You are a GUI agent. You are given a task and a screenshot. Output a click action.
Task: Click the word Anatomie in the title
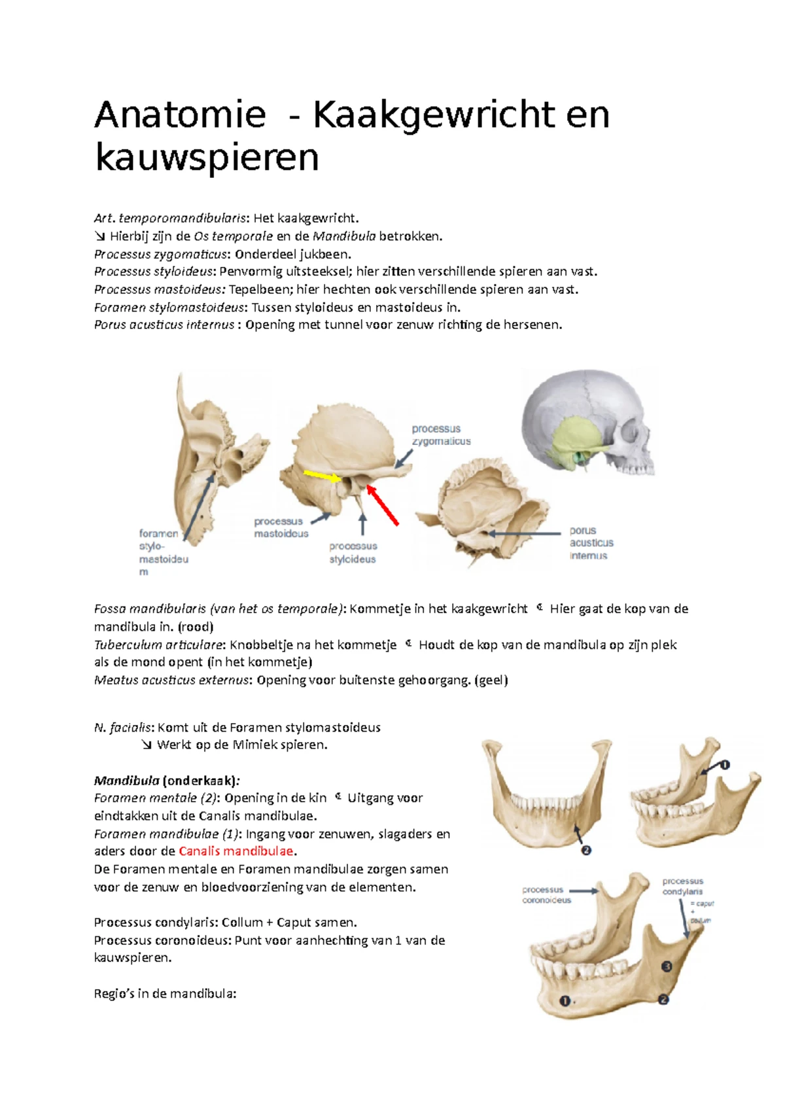[180, 115]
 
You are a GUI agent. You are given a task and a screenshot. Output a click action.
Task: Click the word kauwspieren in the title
[207, 158]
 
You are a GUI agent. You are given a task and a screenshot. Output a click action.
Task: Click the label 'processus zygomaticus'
[441, 435]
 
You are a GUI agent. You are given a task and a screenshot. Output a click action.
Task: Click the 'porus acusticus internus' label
[591, 543]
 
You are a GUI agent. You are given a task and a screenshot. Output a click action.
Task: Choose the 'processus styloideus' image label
[353, 552]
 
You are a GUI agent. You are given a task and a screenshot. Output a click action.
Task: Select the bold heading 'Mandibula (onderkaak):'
[167, 781]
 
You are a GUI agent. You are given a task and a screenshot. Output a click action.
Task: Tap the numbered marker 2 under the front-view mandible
[586, 851]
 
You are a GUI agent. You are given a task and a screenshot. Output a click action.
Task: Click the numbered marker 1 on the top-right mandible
[725, 764]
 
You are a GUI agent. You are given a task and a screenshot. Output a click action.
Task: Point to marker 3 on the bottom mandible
[667, 966]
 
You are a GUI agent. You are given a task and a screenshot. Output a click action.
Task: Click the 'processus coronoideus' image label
[546, 895]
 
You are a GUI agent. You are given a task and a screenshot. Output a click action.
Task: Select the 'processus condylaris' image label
[682, 887]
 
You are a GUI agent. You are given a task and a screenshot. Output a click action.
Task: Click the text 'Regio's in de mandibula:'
[165, 994]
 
